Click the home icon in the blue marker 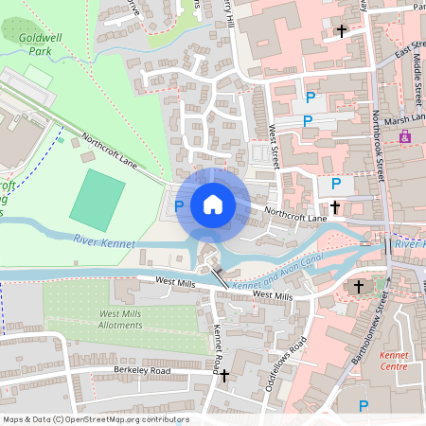212,204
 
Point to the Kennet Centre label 393,360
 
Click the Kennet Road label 217,346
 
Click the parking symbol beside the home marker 178,204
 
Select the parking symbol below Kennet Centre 363,405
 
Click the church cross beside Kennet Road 224,376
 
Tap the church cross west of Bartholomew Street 358,285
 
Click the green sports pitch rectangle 98,194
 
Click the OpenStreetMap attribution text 96,419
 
